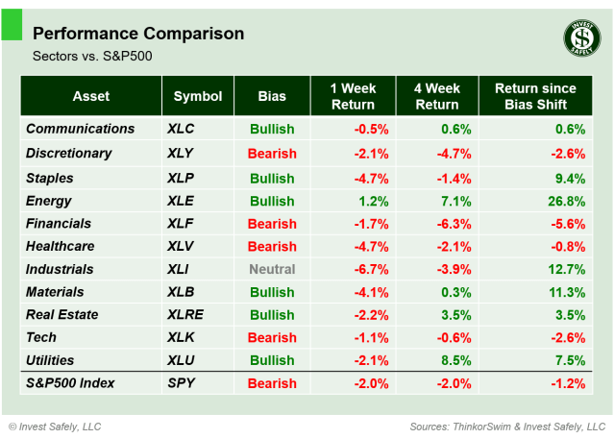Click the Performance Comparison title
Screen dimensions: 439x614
(x=138, y=34)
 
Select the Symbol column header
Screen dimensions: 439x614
(x=197, y=96)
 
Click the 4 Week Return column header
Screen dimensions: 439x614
(x=436, y=96)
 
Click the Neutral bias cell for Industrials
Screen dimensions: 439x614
(x=272, y=270)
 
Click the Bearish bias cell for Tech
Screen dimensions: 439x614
(x=272, y=337)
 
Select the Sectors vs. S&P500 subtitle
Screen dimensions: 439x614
(x=92, y=57)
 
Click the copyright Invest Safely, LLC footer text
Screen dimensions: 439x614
(x=55, y=427)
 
